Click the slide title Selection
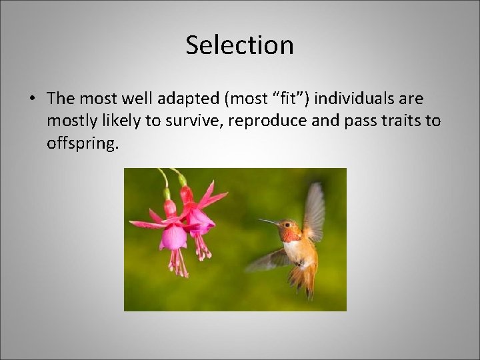[239, 45]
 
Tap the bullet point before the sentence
[32, 99]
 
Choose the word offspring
[83, 145]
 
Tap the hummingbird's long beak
[269, 222]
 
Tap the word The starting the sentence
[59, 99]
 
